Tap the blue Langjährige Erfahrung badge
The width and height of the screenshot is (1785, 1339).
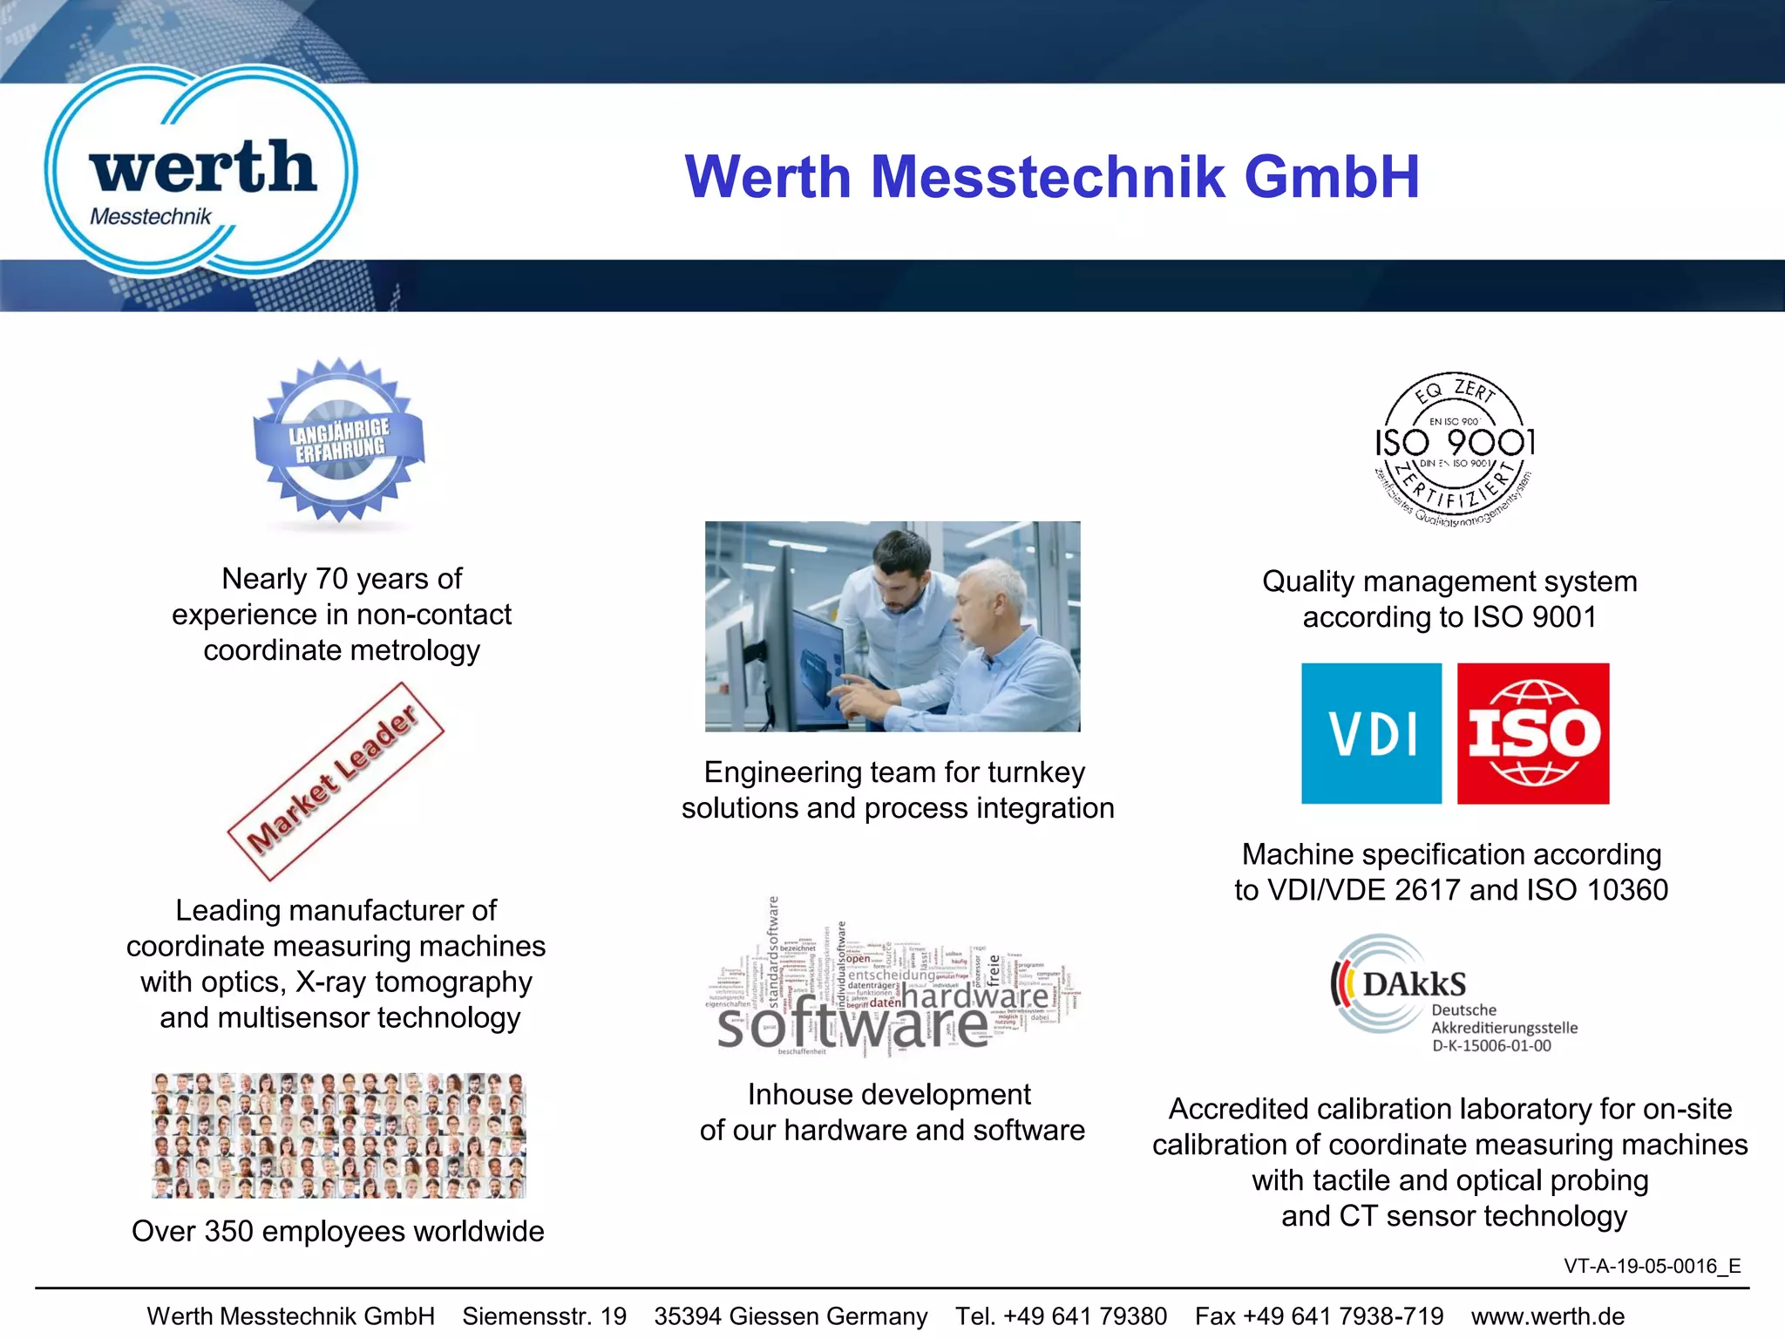(x=339, y=440)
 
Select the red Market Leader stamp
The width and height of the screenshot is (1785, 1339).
(x=336, y=781)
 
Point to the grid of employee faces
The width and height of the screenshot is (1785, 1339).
(x=338, y=1135)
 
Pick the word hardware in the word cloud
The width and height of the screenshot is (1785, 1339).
(x=974, y=996)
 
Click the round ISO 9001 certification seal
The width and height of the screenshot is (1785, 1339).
(x=1454, y=450)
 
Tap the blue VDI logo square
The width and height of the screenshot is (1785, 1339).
(x=1371, y=733)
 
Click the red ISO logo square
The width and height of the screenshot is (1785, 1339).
(x=1533, y=733)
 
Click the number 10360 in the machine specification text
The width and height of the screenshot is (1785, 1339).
(x=1627, y=890)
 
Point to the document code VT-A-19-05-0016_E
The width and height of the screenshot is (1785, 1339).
(x=1652, y=1266)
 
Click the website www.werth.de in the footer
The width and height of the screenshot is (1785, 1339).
(x=1548, y=1316)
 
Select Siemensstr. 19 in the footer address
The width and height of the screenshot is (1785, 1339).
(x=544, y=1316)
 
